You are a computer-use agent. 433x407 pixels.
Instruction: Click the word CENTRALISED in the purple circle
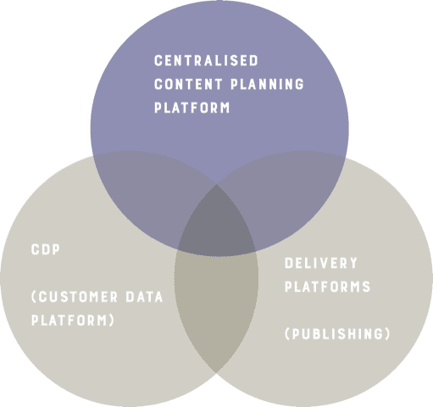pyautogui.click(x=206, y=60)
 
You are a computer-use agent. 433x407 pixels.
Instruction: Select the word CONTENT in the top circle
pyautogui.click(x=188, y=84)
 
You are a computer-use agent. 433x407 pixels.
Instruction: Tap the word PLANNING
pyautogui.click(x=267, y=84)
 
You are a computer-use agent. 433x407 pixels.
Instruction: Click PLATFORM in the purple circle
pyautogui.click(x=192, y=108)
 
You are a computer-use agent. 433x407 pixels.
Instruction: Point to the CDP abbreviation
pyautogui.click(x=46, y=249)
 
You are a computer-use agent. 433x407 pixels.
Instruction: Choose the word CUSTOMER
pyautogui.click(x=78, y=297)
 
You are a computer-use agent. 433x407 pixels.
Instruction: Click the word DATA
pyautogui.click(x=144, y=297)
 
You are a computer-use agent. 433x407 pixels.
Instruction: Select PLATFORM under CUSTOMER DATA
pyautogui.click(x=69, y=321)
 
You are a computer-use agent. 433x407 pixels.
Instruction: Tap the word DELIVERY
pyautogui.click(x=321, y=263)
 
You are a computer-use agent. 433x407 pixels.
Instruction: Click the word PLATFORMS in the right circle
pyautogui.click(x=327, y=287)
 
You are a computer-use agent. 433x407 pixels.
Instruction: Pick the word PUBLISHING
pyautogui.click(x=337, y=334)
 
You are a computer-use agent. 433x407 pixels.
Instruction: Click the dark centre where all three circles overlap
pyautogui.click(x=217, y=223)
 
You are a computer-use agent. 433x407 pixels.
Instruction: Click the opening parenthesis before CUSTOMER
pyautogui.click(x=34, y=297)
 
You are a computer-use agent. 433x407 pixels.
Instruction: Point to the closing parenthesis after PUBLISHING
pyautogui.click(x=387, y=334)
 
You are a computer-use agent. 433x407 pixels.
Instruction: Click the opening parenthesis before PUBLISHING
pyautogui.click(x=287, y=334)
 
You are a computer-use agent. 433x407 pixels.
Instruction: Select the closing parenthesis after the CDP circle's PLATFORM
pyautogui.click(x=111, y=321)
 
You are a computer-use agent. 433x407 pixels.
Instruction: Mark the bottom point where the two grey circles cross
pyautogui.click(x=216, y=374)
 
